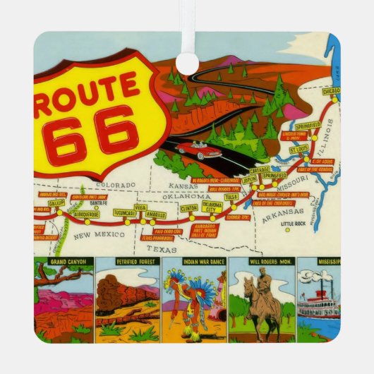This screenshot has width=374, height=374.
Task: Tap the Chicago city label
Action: point(330,92)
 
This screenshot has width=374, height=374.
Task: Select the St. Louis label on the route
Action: point(298,150)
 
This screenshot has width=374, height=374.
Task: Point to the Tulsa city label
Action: point(231,197)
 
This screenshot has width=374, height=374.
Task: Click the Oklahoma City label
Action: point(212,206)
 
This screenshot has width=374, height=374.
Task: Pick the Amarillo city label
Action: point(156,215)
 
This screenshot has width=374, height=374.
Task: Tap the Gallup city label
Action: point(56,202)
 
